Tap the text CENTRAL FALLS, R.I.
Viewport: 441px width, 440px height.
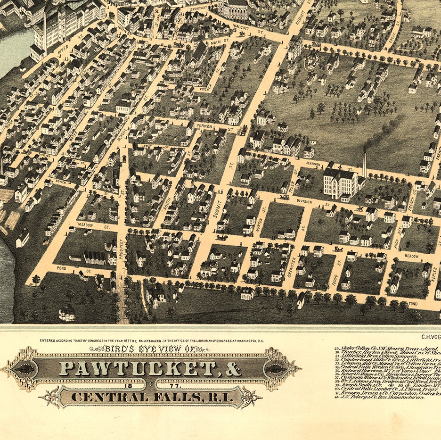[150, 397]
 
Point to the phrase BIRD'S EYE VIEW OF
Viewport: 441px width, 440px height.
[150, 349]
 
